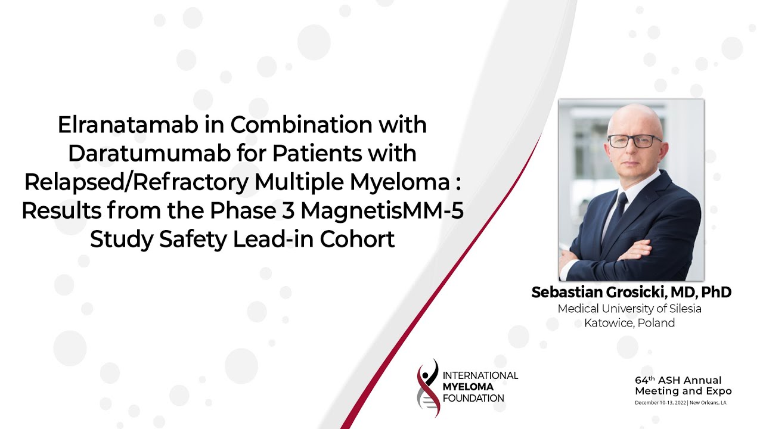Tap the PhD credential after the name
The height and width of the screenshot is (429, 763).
click(716, 293)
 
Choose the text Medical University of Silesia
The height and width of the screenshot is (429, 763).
click(629, 309)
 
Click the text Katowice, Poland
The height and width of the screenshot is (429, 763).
click(629, 324)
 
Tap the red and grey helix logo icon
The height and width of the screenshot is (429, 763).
click(428, 387)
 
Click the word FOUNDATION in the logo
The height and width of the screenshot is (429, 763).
click(473, 398)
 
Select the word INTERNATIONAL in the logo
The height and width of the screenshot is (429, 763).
click(480, 375)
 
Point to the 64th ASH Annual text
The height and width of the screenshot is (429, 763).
click(678, 380)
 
